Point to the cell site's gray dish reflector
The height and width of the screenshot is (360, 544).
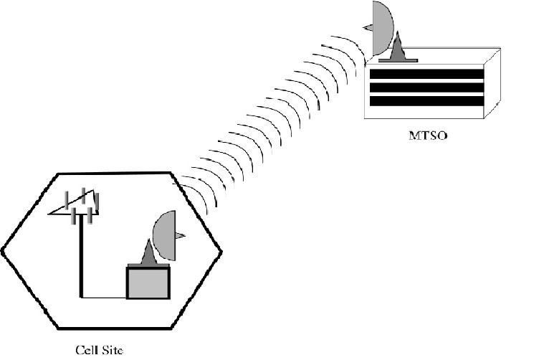tap(164, 235)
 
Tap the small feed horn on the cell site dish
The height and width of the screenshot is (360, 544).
tap(181, 235)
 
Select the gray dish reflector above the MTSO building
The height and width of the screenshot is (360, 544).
tap(381, 29)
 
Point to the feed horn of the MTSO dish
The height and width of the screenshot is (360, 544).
tap(367, 27)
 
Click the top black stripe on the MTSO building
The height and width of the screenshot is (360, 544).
tap(425, 73)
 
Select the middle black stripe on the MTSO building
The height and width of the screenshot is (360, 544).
tap(425, 87)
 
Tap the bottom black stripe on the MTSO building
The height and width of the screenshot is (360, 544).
tap(425, 100)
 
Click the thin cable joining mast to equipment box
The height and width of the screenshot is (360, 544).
tap(105, 297)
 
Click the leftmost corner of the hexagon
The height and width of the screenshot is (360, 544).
tap(2, 250)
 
